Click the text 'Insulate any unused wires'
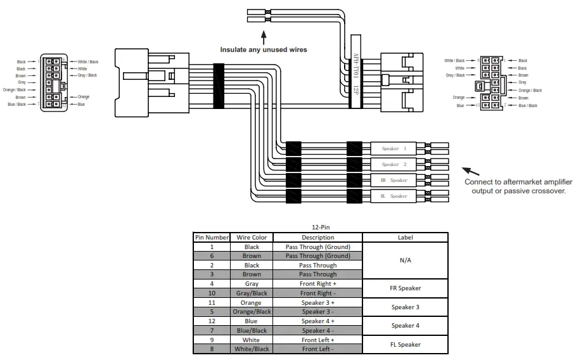point(263,49)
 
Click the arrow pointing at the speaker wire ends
point(470,171)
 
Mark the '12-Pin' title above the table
point(320,228)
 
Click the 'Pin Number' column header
point(212,238)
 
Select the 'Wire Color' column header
point(252,238)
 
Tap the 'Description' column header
point(317,238)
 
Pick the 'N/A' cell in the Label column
point(406,260)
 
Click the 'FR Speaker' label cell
point(406,288)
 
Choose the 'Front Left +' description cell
point(317,340)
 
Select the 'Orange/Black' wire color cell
point(252,312)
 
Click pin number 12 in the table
point(212,321)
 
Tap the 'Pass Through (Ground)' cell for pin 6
point(317,256)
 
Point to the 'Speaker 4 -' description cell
point(317,330)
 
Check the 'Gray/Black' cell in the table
point(252,293)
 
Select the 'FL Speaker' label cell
point(406,344)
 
